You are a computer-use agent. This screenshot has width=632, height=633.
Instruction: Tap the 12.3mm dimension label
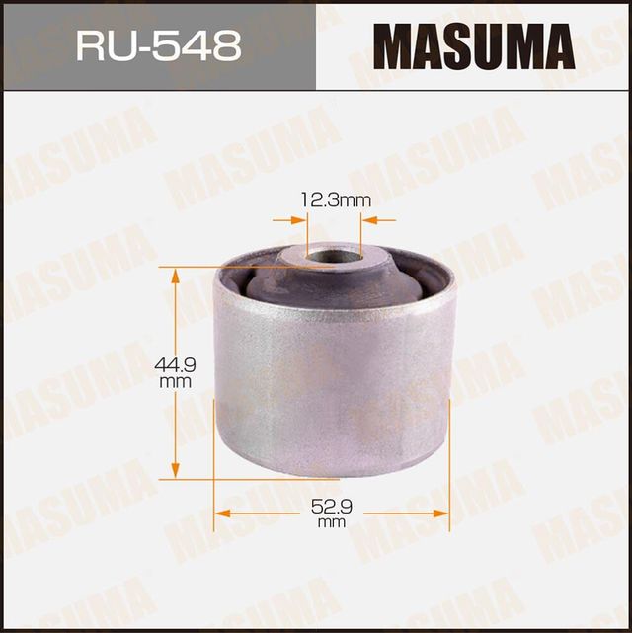click(x=335, y=200)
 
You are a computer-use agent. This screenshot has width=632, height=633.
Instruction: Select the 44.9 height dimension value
click(x=176, y=364)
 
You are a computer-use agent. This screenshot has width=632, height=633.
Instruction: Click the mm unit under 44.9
click(x=176, y=380)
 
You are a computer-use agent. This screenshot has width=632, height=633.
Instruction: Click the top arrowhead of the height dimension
click(x=177, y=274)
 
